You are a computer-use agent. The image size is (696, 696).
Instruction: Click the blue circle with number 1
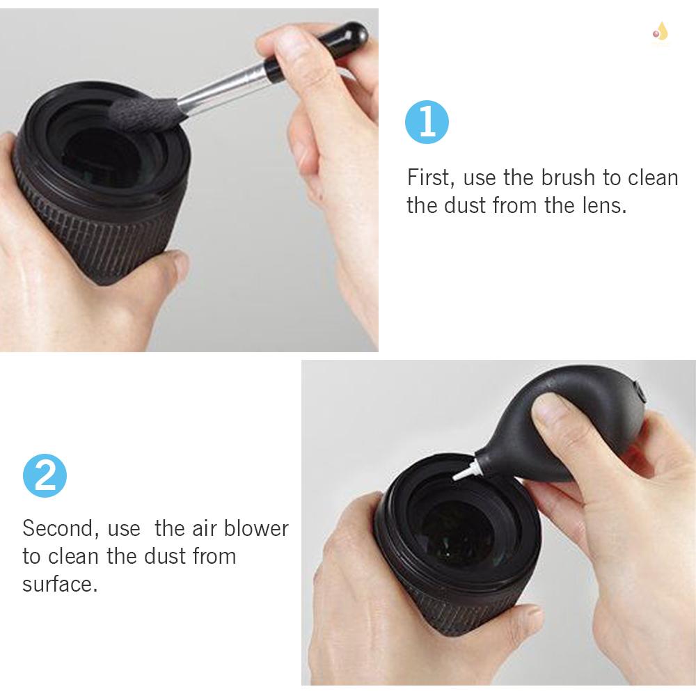pos(427,123)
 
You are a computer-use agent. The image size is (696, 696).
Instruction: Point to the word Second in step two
pos(58,528)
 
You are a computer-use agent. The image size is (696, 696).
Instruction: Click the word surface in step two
pos(58,584)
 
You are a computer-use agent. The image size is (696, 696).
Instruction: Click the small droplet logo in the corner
pos(659,31)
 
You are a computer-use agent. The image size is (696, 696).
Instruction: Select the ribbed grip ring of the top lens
pos(104,244)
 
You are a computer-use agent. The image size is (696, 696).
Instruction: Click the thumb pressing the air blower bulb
pos(557,418)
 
